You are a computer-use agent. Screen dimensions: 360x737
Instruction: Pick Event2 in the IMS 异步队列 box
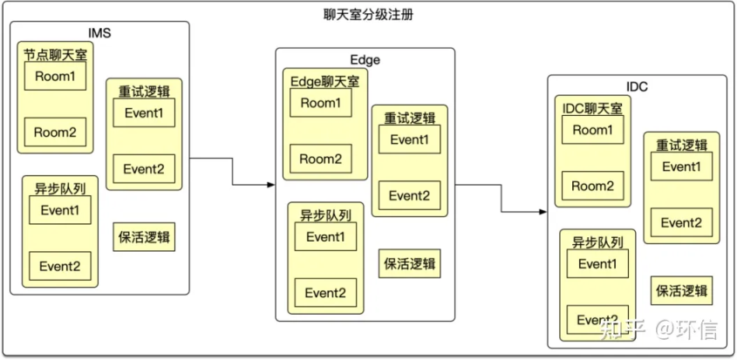coord(60,266)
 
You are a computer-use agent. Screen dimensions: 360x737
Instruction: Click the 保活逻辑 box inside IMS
coord(145,237)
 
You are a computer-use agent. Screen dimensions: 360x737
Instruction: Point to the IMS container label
coord(99,33)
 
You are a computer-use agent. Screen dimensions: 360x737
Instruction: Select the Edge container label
coord(365,59)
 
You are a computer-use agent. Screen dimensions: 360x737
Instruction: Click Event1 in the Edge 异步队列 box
coord(325,237)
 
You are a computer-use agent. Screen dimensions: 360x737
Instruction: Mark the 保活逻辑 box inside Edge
coord(410,264)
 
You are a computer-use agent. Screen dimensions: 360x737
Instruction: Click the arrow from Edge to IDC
coord(502,197)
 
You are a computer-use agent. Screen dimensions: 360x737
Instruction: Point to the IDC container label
coord(637,87)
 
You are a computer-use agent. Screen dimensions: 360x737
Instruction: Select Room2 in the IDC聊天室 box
coord(593,186)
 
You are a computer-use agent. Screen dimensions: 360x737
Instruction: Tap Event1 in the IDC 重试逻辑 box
coord(681,166)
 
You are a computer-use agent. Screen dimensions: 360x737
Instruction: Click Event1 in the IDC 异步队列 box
coord(597,264)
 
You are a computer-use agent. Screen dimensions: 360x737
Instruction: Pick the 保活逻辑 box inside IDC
coord(681,290)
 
